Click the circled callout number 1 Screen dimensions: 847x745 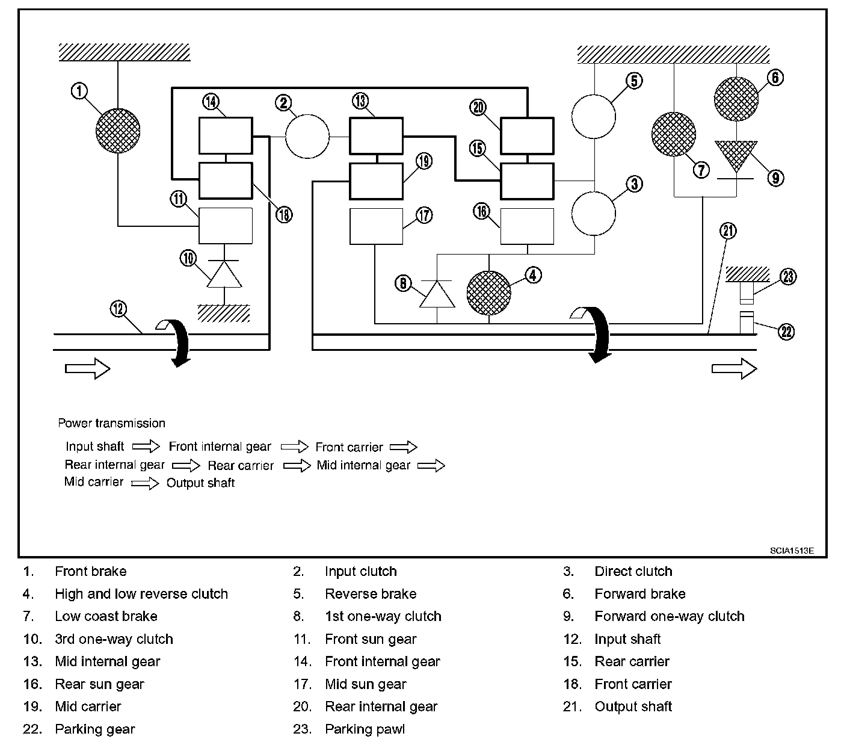pyautogui.click(x=79, y=91)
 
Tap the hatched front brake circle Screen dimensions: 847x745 pyautogui.click(x=118, y=131)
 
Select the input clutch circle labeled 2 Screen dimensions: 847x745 pyautogui.click(x=307, y=137)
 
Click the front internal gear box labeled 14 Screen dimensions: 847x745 pyautogui.click(x=226, y=136)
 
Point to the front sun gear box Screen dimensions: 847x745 pyautogui.click(x=226, y=226)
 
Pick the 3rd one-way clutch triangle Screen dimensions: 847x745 pyautogui.click(x=224, y=274)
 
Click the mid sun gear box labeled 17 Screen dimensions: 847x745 pyautogui.click(x=376, y=226)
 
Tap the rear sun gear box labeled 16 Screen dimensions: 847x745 pyautogui.click(x=527, y=226)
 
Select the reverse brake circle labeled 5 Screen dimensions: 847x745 pyautogui.click(x=594, y=116)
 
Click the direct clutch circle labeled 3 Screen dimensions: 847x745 pyautogui.click(x=594, y=214)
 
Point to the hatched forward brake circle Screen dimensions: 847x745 pyautogui.click(x=736, y=99)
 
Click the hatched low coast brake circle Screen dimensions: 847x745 pyautogui.click(x=674, y=134)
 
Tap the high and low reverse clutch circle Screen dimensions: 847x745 pyautogui.click(x=488, y=293)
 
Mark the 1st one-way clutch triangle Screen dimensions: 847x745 pyautogui.click(x=437, y=294)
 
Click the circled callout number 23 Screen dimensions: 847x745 pyautogui.click(x=788, y=276)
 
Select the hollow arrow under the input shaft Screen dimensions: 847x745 pyautogui.click(x=87, y=368)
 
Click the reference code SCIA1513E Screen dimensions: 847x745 pyautogui.click(x=792, y=551)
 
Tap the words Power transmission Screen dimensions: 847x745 pyautogui.click(x=112, y=423)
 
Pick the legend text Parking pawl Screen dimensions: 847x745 pyautogui.click(x=365, y=729)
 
